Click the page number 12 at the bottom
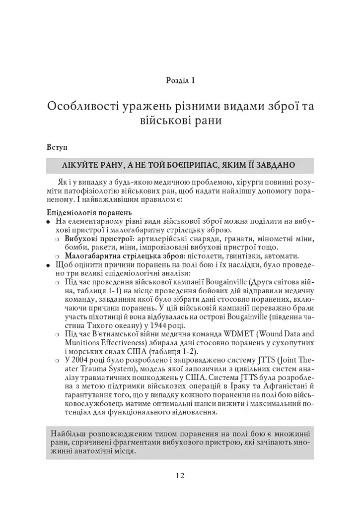click(180, 475)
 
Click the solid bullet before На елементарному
click(49, 221)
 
